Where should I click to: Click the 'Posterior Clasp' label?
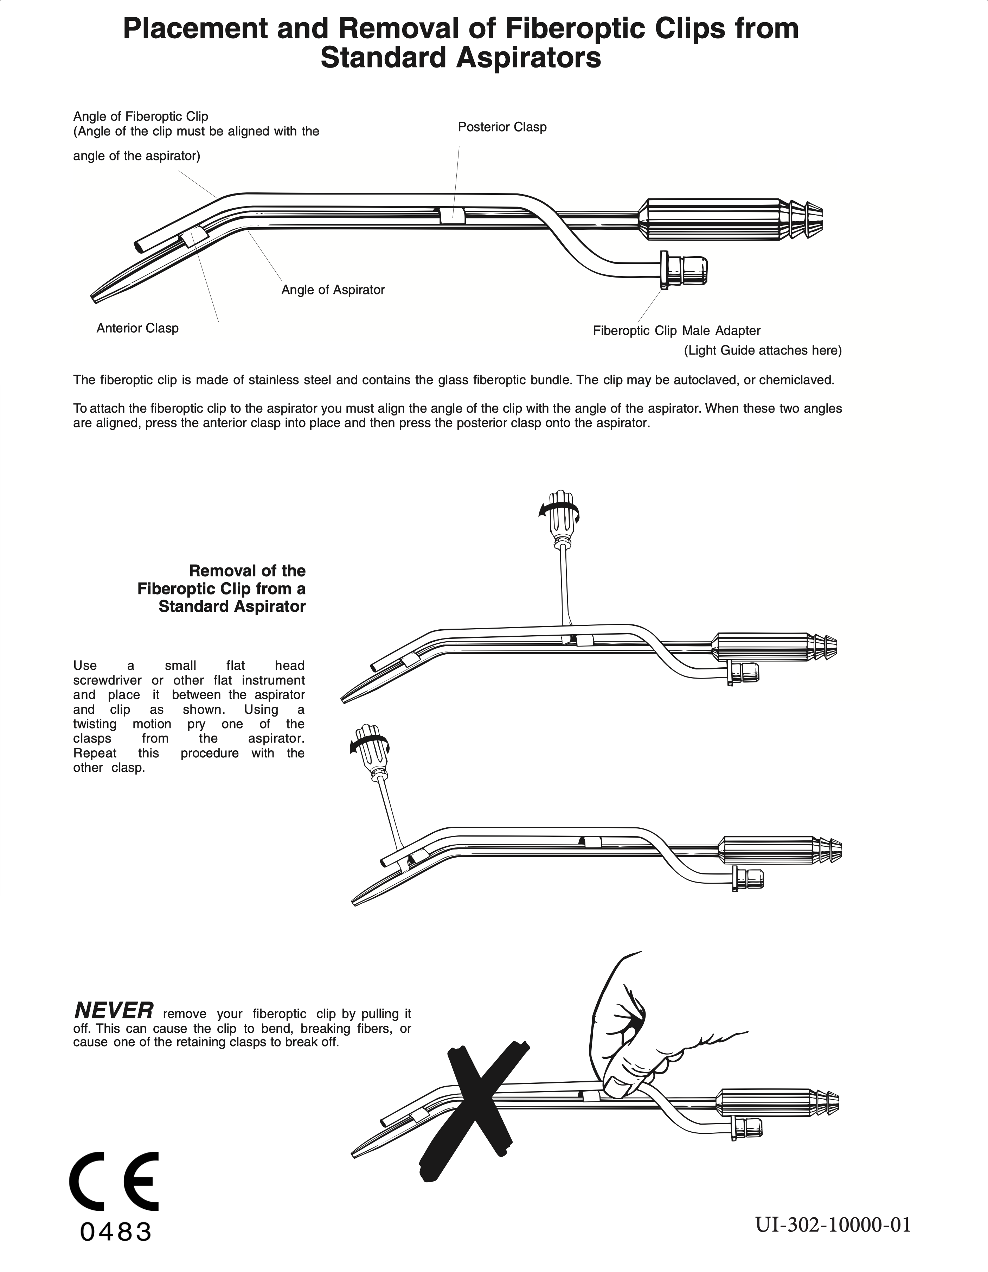502,127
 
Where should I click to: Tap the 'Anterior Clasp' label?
137,328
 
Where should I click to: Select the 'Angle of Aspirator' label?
333,290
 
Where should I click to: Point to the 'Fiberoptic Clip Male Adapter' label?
676,331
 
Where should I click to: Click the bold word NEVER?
114,1009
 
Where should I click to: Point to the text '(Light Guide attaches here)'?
763,351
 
